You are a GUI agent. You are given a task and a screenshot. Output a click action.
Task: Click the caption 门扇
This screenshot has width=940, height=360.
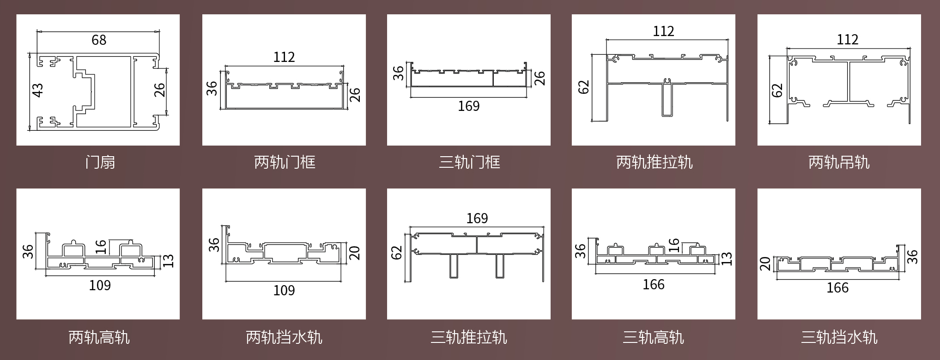tap(100, 162)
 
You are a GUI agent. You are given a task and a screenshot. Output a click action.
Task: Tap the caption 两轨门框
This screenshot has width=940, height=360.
tap(285, 162)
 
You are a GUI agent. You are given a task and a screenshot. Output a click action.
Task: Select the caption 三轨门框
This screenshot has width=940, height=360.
tap(469, 162)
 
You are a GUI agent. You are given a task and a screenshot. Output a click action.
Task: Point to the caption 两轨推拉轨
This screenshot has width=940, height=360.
tap(654, 162)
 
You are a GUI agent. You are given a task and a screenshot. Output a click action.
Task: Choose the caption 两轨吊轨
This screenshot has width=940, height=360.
tap(839, 162)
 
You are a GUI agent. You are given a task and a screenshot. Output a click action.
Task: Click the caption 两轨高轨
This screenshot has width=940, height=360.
tap(99, 337)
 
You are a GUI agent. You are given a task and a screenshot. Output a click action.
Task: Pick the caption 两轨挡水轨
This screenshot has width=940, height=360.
tap(284, 337)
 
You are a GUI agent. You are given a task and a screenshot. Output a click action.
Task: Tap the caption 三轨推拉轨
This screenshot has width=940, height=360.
tap(469, 337)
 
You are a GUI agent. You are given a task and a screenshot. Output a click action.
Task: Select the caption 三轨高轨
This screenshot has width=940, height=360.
tap(653, 337)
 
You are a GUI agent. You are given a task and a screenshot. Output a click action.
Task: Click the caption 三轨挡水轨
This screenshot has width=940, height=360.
tap(839, 337)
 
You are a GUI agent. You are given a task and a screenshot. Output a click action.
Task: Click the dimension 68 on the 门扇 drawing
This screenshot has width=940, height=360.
tap(99, 40)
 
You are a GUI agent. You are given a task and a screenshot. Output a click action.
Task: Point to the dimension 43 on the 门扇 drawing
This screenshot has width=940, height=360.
tap(38, 90)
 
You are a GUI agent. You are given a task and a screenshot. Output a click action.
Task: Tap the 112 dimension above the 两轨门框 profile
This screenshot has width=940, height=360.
tap(284, 57)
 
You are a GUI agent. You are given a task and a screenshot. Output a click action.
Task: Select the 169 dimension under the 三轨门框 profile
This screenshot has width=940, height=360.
tap(468, 106)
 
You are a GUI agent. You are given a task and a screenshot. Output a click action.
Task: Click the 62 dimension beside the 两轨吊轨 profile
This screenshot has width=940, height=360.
tap(777, 90)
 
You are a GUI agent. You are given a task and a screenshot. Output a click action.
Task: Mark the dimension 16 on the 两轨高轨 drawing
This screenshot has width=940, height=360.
tap(101, 247)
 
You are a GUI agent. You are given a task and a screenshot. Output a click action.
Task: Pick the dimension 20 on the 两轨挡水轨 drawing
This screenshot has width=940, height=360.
tap(354, 253)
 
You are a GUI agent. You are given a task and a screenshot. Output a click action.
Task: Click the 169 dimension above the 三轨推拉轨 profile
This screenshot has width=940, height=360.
tap(477, 218)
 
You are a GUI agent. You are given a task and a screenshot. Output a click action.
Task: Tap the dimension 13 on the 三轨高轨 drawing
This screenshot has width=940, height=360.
tap(727, 259)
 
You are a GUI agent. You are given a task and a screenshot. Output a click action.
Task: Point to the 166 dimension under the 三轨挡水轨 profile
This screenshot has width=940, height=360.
tap(837, 288)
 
